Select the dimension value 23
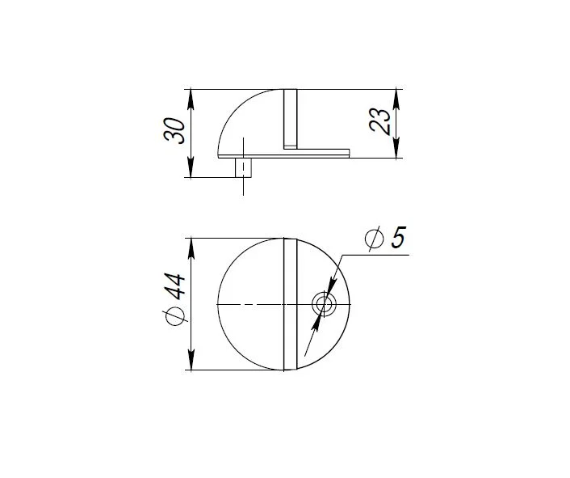pos(383,122)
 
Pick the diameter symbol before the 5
pos(373,239)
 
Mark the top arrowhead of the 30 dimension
pos(191,94)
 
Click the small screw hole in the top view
pos(325,304)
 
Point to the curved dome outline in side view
pos(234,110)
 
